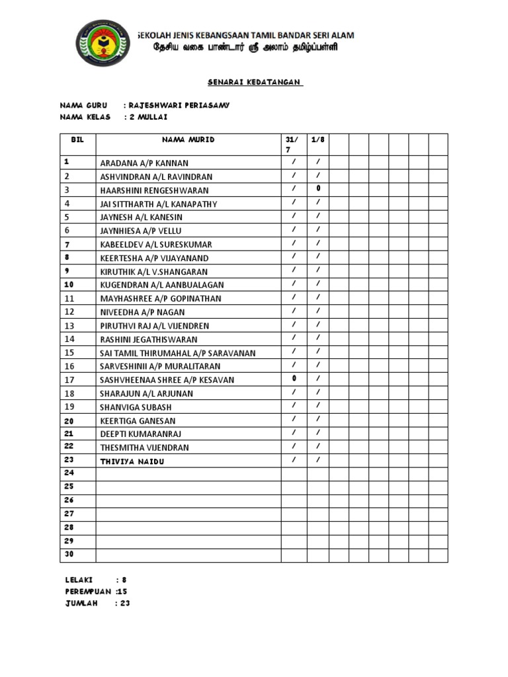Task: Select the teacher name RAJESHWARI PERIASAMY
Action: click(179, 106)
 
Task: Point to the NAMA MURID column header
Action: click(189, 140)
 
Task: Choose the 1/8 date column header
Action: click(318, 140)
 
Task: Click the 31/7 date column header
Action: click(292, 145)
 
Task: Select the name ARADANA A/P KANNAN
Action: click(144, 163)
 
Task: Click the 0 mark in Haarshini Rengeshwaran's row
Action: click(318, 189)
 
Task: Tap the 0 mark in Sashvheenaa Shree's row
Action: click(294, 379)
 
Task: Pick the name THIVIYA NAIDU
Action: click(132, 461)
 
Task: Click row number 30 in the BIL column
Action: click(69, 555)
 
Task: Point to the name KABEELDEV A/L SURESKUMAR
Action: click(156, 244)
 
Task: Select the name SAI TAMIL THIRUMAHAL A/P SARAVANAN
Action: click(177, 352)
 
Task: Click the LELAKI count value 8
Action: click(124, 580)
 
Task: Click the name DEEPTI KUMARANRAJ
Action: click(140, 434)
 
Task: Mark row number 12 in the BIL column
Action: click(69, 311)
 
